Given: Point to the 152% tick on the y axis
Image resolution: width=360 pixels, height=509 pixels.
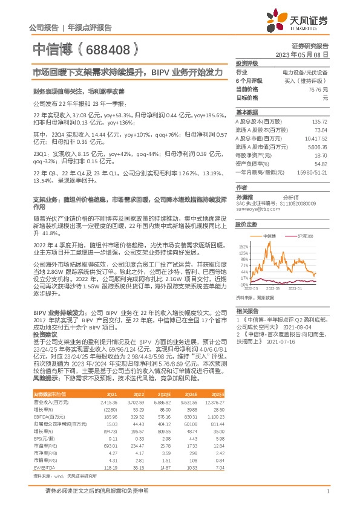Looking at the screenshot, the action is [x=243, y=247].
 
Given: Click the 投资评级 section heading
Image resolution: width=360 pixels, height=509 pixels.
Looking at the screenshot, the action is [x=246, y=63].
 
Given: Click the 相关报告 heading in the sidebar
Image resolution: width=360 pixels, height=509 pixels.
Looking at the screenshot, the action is [x=246, y=310].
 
